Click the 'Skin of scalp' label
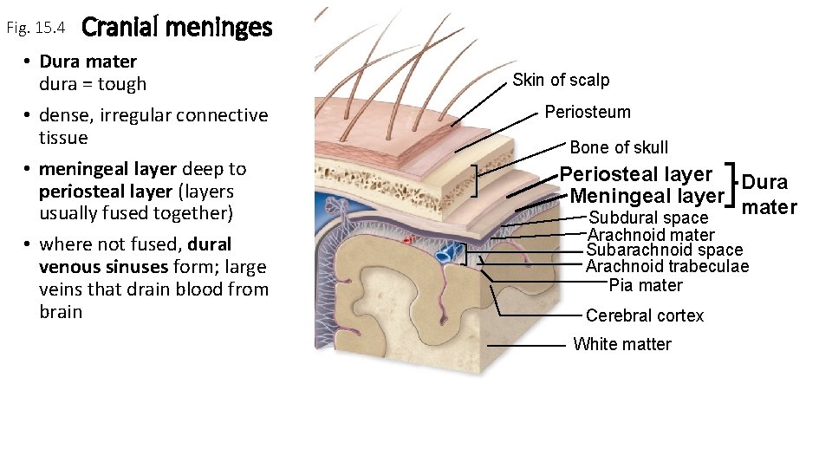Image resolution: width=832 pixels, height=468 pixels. [x=561, y=81]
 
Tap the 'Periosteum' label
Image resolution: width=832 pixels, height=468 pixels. [x=588, y=112]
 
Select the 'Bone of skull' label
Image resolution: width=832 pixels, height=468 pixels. [x=619, y=147]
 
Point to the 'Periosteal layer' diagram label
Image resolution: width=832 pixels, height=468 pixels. [x=636, y=175]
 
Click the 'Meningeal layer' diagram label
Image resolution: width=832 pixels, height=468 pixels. [x=647, y=197]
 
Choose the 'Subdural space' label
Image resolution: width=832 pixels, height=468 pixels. [x=648, y=218]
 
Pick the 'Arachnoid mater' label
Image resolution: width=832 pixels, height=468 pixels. [x=651, y=235]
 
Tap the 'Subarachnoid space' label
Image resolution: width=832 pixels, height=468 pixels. [x=664, y=250]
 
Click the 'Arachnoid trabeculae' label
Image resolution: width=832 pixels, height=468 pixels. [x=666, y=266]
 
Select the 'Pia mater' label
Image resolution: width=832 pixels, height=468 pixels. [x=646, y=285]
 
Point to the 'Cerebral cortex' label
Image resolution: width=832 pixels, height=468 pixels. [x=645, y=315]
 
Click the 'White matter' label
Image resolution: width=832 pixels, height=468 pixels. [x=622, y=344]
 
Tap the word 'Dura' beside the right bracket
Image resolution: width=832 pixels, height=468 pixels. [x=765, y=182]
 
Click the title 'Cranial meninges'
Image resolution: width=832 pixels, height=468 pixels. [x=177, y=28]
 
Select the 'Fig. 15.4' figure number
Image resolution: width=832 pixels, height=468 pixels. [x=36, y=29]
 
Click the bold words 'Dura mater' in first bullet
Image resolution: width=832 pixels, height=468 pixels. [x=88, y=62]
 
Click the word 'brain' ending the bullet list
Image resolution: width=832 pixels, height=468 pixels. [x=61, y=311]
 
